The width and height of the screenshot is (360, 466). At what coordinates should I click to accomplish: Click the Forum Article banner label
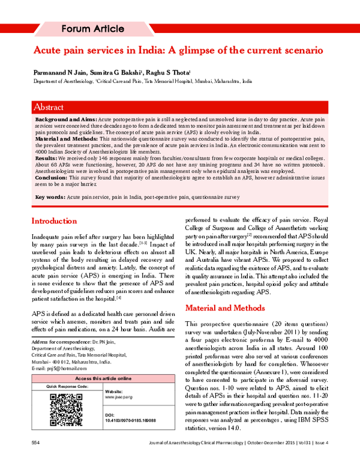[93, 29]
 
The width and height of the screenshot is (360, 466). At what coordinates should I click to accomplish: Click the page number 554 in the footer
[35, 459]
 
